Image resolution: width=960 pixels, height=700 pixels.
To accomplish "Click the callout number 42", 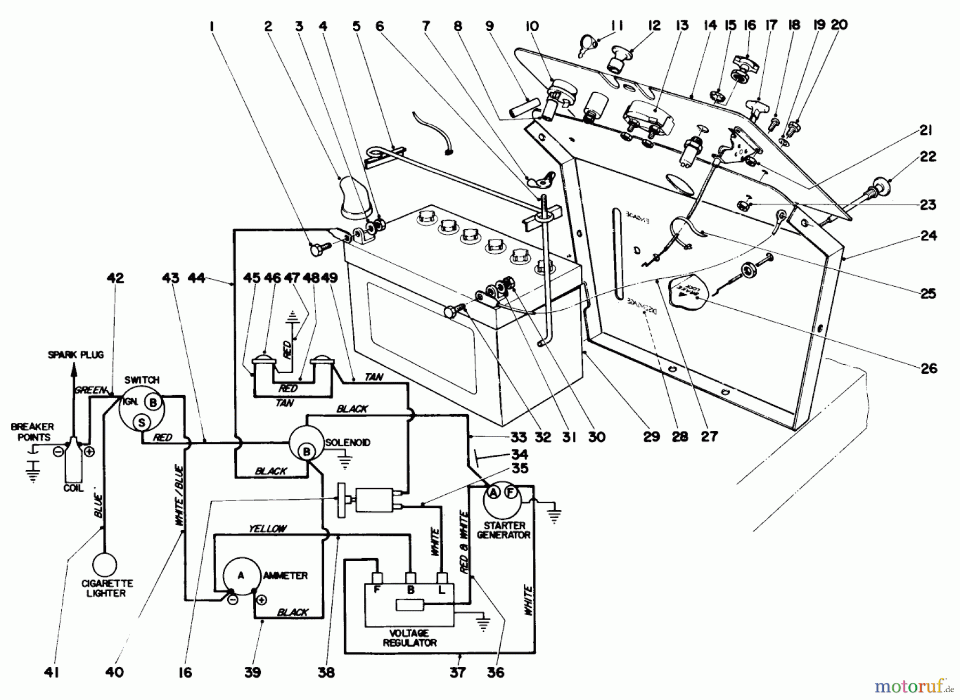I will pyautogui.click(x=115, y=278).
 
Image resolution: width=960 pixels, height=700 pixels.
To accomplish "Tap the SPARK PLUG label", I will pyautogui.click(x=76, y=355).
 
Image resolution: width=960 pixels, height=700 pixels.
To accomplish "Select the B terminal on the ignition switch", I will pyautogui.click(x=153, y=403).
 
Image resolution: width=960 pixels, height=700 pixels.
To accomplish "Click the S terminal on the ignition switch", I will pyautogui.click(x=141, y=423).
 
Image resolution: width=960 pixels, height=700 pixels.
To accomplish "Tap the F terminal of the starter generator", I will pyautogui.click(x=510, y=493).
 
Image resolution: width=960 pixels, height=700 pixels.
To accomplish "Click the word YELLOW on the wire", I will pyautogui.click(x=268, y=528).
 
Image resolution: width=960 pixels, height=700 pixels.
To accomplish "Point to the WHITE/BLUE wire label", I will pyautogui.click(x=179, y=497).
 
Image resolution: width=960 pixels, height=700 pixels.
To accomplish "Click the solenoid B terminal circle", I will pyautogui.click(x=307, y=452).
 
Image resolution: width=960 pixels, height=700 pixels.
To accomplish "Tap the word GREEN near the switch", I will pyautogui.click(x=91, y=390).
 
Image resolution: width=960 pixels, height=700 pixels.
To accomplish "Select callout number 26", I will pyautogui.click(x=929, y=368).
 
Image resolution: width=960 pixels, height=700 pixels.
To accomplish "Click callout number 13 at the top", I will pyautogui.click(x=682, y=26).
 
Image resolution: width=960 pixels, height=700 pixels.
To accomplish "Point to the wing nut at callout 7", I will pyautogui.click(x=537, y=182).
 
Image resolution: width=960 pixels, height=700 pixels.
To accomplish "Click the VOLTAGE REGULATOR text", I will pyautogui.click(x=409, y=638).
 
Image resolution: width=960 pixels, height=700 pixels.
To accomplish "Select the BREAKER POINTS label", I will pyautogui.click(x=33, y=431).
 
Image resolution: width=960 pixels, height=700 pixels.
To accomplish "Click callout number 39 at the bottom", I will pyautogui.click(x=253, y=672).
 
